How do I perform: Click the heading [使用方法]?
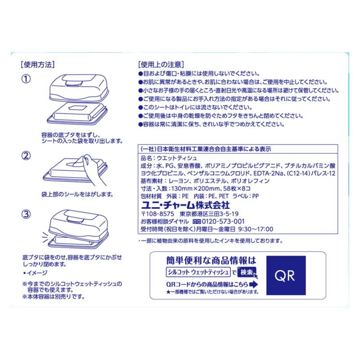(x=38, y=64)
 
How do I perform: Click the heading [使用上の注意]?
(x=161, y=64)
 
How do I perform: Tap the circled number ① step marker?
(x=26, y=79)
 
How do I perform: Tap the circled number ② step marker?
(x=26, y=156)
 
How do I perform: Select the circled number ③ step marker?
(x=26, y=214)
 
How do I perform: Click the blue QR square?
(x=286, y=275)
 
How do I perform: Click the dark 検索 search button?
(x=247, y=272)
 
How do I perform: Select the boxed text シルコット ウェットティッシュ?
(x=198, y=272)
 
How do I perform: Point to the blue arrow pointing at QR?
(x=253, y=285)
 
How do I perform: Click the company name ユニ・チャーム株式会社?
(x=185, y=205)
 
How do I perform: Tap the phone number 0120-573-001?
(x=223, y=221)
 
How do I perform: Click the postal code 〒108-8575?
(x=157, y=214)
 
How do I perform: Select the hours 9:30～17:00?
(x=256, y=229)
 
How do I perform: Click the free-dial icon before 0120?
(x=197, y=221)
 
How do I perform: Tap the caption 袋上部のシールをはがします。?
(x=77, y=194)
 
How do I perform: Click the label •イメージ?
(x=35, y=273)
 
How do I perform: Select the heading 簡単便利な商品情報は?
(x=211, y=261)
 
